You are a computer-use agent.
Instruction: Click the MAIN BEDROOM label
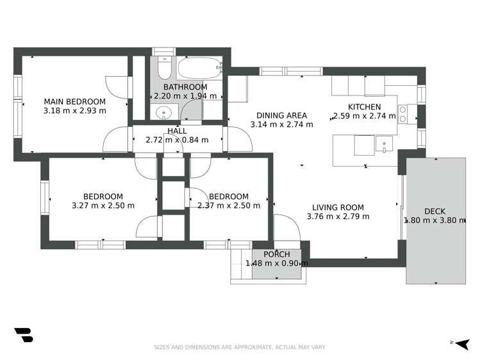(74, 101)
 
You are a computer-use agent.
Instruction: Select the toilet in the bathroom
(163, 67)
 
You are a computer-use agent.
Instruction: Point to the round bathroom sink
(164, 113)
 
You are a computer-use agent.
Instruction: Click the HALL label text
(177, 131)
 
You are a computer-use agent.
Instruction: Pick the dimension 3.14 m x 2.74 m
(281, 124)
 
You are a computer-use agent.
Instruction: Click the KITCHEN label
(364, 107)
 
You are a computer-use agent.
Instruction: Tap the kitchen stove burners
(403, 114)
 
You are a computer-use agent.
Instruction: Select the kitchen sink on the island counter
(383, 145)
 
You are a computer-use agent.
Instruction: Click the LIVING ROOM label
(338, 207)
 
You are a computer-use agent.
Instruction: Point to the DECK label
(434, 211)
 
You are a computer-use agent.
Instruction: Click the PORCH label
(277, 254)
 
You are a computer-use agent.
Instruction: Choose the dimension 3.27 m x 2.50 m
(103, 206)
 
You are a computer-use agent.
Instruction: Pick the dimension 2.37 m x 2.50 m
(229, 206)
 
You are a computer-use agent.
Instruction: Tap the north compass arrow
(460, 343)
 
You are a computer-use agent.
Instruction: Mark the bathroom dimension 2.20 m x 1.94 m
(185, 96)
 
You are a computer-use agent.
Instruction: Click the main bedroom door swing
(117, 86)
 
